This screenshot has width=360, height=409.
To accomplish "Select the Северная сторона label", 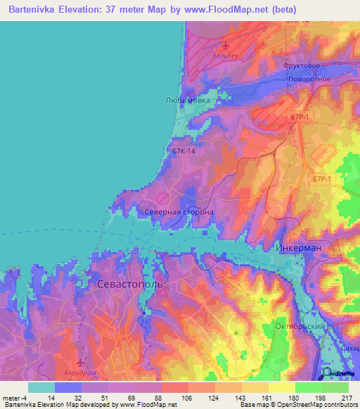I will click(179, 211).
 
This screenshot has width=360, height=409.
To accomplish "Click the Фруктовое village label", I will click(302, 65).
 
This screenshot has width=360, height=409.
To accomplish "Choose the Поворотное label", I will click(309, 79).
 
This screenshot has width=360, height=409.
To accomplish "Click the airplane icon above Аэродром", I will click(79, 363).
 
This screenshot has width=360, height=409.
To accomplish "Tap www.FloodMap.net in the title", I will click(234, 10).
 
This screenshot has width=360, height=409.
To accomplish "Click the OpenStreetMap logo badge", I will click(338, 373).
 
